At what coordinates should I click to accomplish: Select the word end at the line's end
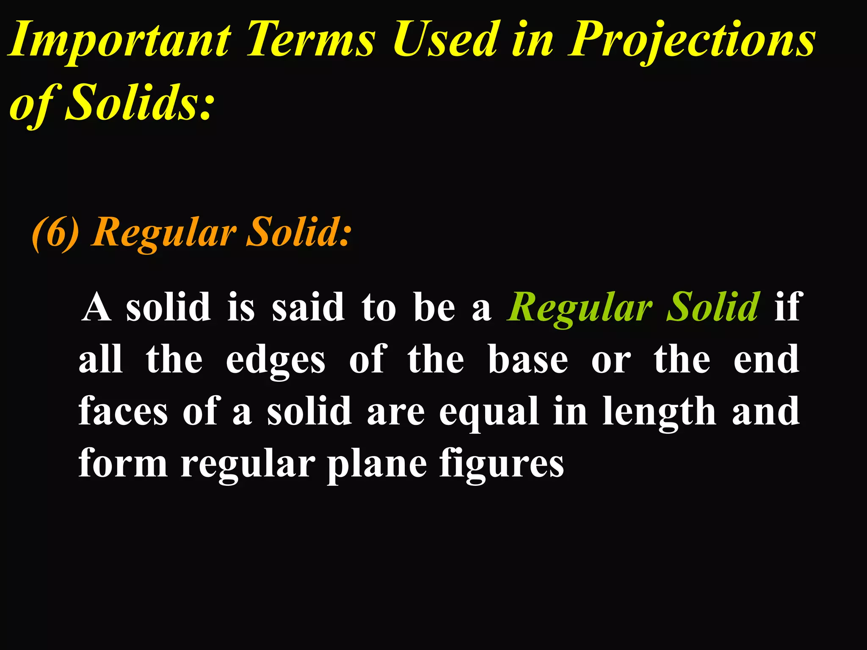(766, 360)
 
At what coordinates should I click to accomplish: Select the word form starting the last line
(123, 463)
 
